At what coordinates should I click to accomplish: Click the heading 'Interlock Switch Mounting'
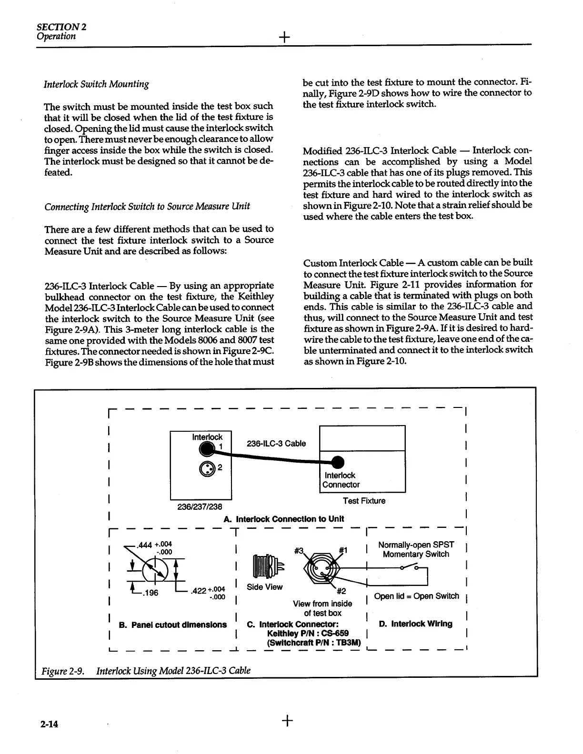[x=96, y=85]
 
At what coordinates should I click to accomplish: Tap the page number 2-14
[x=49, y=724]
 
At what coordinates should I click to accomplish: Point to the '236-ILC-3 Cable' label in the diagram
[x=276, y=444]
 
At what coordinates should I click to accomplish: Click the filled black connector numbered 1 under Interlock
[x=207, y=448]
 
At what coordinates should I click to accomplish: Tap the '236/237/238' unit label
[x=196, y=506]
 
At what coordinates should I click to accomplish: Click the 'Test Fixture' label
[x=364, y=501]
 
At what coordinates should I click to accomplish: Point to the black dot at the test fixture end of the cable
[x=337, y=462]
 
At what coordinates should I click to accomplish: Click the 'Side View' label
[x=265, y=587]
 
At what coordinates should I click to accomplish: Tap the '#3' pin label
[x=300, y=551]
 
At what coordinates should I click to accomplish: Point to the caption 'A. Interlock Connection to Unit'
[x=283, y=519]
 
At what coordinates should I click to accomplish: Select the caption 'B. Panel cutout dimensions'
[x=172, y=625]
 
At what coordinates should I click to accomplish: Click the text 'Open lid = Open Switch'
[x=416, y=596]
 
